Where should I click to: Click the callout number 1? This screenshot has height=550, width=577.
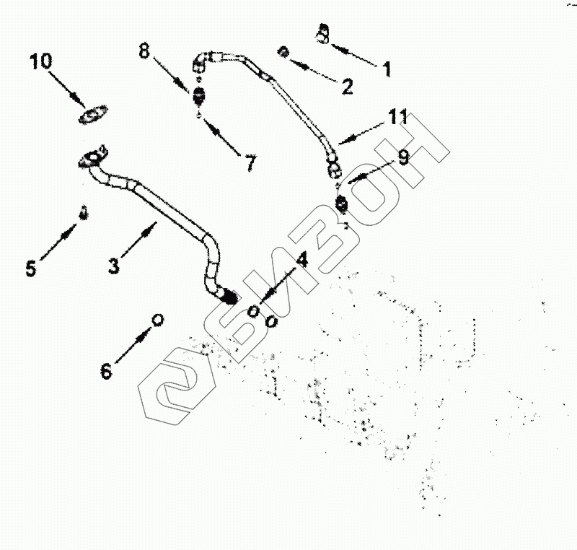(x=387, y=70)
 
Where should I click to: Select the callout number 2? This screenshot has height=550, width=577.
(x=347, y=87)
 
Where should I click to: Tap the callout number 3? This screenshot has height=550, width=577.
(x=113, y=266)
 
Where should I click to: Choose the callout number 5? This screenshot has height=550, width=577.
(x=30, y=269)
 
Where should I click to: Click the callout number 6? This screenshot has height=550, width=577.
(x=106, y=371)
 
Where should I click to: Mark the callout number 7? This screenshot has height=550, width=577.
(x=250, y=163)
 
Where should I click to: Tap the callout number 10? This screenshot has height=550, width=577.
(x=41, y=61)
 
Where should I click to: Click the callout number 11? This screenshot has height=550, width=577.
(x=397, y=116)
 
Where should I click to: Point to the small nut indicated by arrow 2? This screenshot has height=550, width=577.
(x=284, y=52)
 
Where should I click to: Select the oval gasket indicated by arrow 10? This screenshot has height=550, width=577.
(x=94, y=114)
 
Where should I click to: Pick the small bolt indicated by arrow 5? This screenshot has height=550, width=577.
(x=83, y=214)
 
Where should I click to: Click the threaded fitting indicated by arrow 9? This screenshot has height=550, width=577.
(x=342, y=206)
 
